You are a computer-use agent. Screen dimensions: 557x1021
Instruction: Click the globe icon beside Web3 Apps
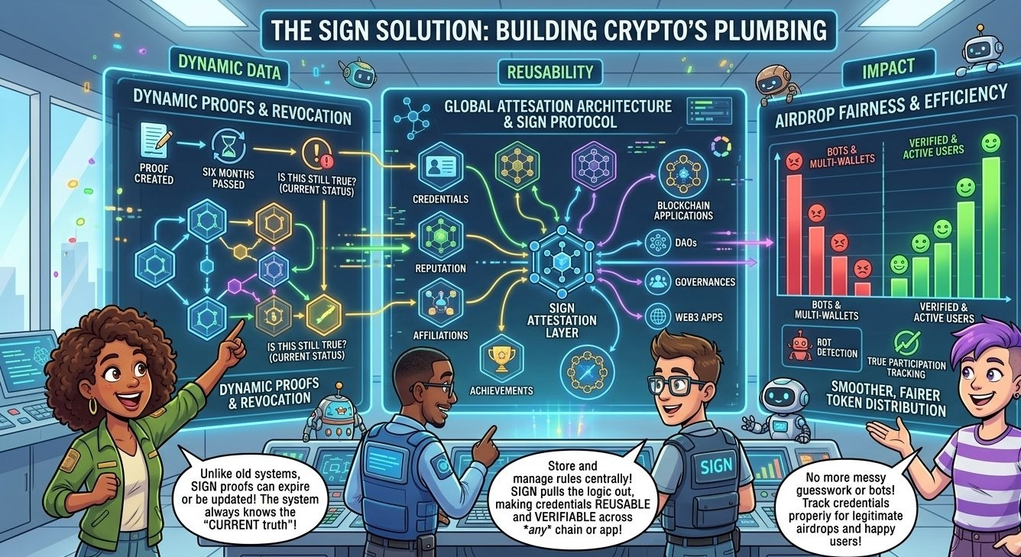(656, 316)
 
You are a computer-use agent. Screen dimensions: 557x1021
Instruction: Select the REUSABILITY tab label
(549, 73)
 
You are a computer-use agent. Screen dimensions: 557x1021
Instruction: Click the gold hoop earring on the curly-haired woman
(93, 406)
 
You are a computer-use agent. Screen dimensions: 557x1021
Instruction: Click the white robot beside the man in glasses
(780, 409)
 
